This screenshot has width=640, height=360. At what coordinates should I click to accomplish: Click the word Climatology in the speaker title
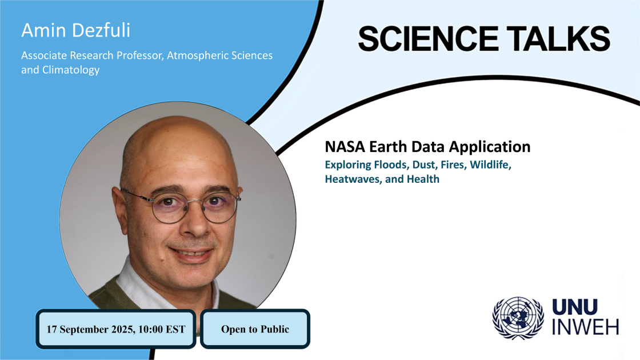point(69,70)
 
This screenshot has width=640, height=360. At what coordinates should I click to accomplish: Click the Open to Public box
point(255,329)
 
